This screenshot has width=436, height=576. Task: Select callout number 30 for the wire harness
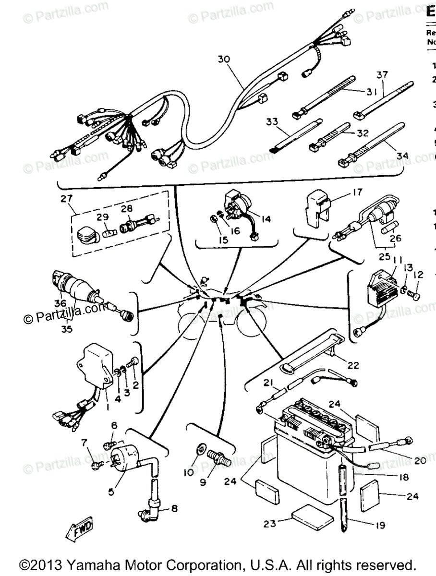224,60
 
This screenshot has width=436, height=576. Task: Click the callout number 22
353,366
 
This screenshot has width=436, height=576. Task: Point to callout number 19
380,526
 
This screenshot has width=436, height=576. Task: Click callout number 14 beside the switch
266,219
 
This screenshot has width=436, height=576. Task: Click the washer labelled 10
199,452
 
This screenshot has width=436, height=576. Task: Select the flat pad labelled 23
312,518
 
